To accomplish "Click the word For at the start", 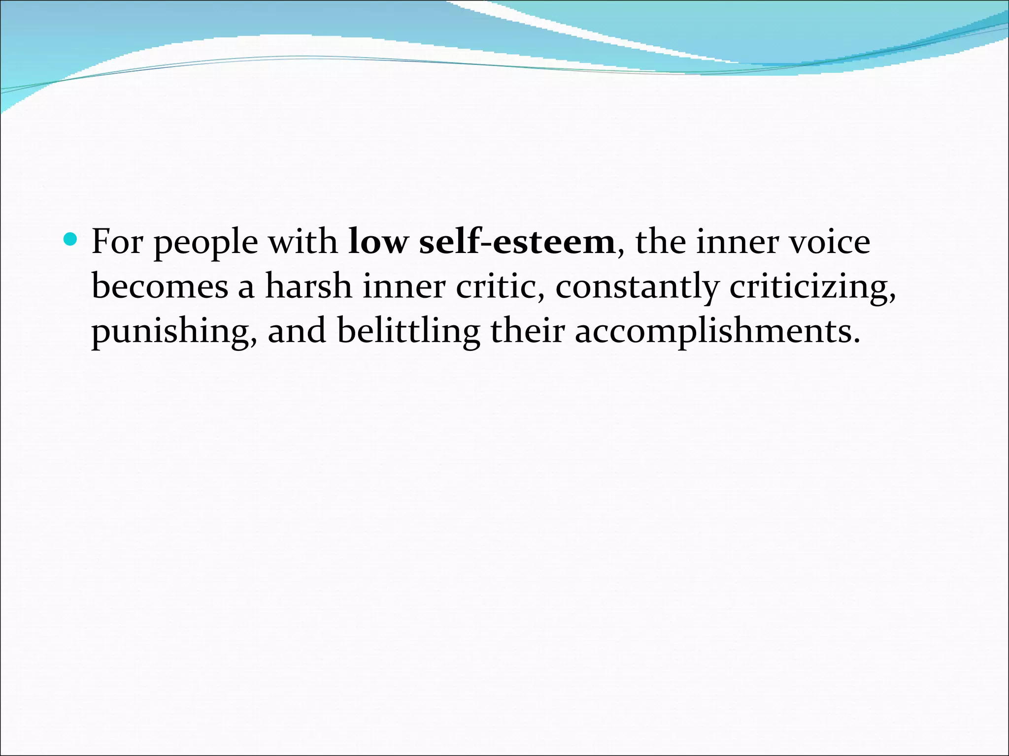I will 117,242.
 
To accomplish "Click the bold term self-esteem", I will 517,242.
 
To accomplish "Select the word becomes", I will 160,286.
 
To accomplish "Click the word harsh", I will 308,286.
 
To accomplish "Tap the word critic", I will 499,286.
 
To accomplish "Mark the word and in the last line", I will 297,331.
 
